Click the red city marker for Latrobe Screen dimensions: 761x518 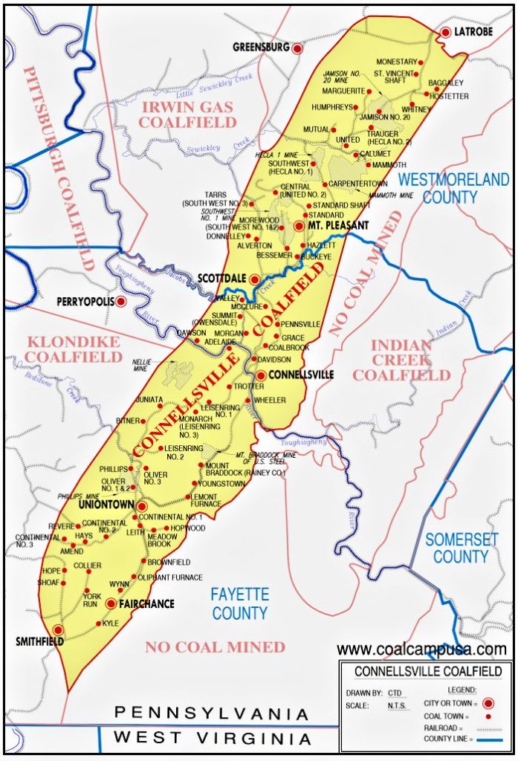(445, 32)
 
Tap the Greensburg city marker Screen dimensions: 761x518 (297, 48)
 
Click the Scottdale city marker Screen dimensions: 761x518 (254, 279)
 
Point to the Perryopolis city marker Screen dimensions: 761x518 (120, 302)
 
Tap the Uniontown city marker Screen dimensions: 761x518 (141, 506)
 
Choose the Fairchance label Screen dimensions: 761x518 (146, 603)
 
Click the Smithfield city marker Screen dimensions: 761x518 (58, 630)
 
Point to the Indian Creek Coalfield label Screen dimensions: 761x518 (401, 360)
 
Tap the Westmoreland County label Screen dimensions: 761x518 (453, 188)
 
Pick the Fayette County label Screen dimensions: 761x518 (239, 603)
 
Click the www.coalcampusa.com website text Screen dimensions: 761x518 (421, 650)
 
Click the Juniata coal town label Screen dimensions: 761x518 (149, 399)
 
